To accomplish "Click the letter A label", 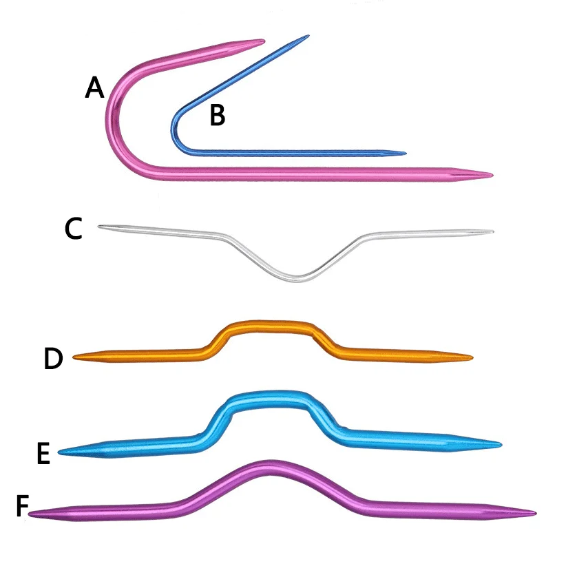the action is [94, 87].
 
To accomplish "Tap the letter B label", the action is [218, 115].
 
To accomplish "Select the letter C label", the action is [74, 228].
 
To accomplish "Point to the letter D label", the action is [53, 358].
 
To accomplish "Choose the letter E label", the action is [43, 453].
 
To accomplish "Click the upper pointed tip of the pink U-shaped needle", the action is [264, 41].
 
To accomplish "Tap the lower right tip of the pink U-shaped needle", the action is [492, 176].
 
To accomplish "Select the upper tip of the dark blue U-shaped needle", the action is [308, 36].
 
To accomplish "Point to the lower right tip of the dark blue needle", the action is [406, 154].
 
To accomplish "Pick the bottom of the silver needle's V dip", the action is [297, 279].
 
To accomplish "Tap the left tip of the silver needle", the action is [99, 227].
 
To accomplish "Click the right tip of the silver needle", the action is [493, 231].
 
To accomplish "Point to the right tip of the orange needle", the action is [472, 358].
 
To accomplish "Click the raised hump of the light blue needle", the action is [269, 399].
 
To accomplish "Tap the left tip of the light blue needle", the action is [59, 451].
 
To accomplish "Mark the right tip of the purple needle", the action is [535, 513].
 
